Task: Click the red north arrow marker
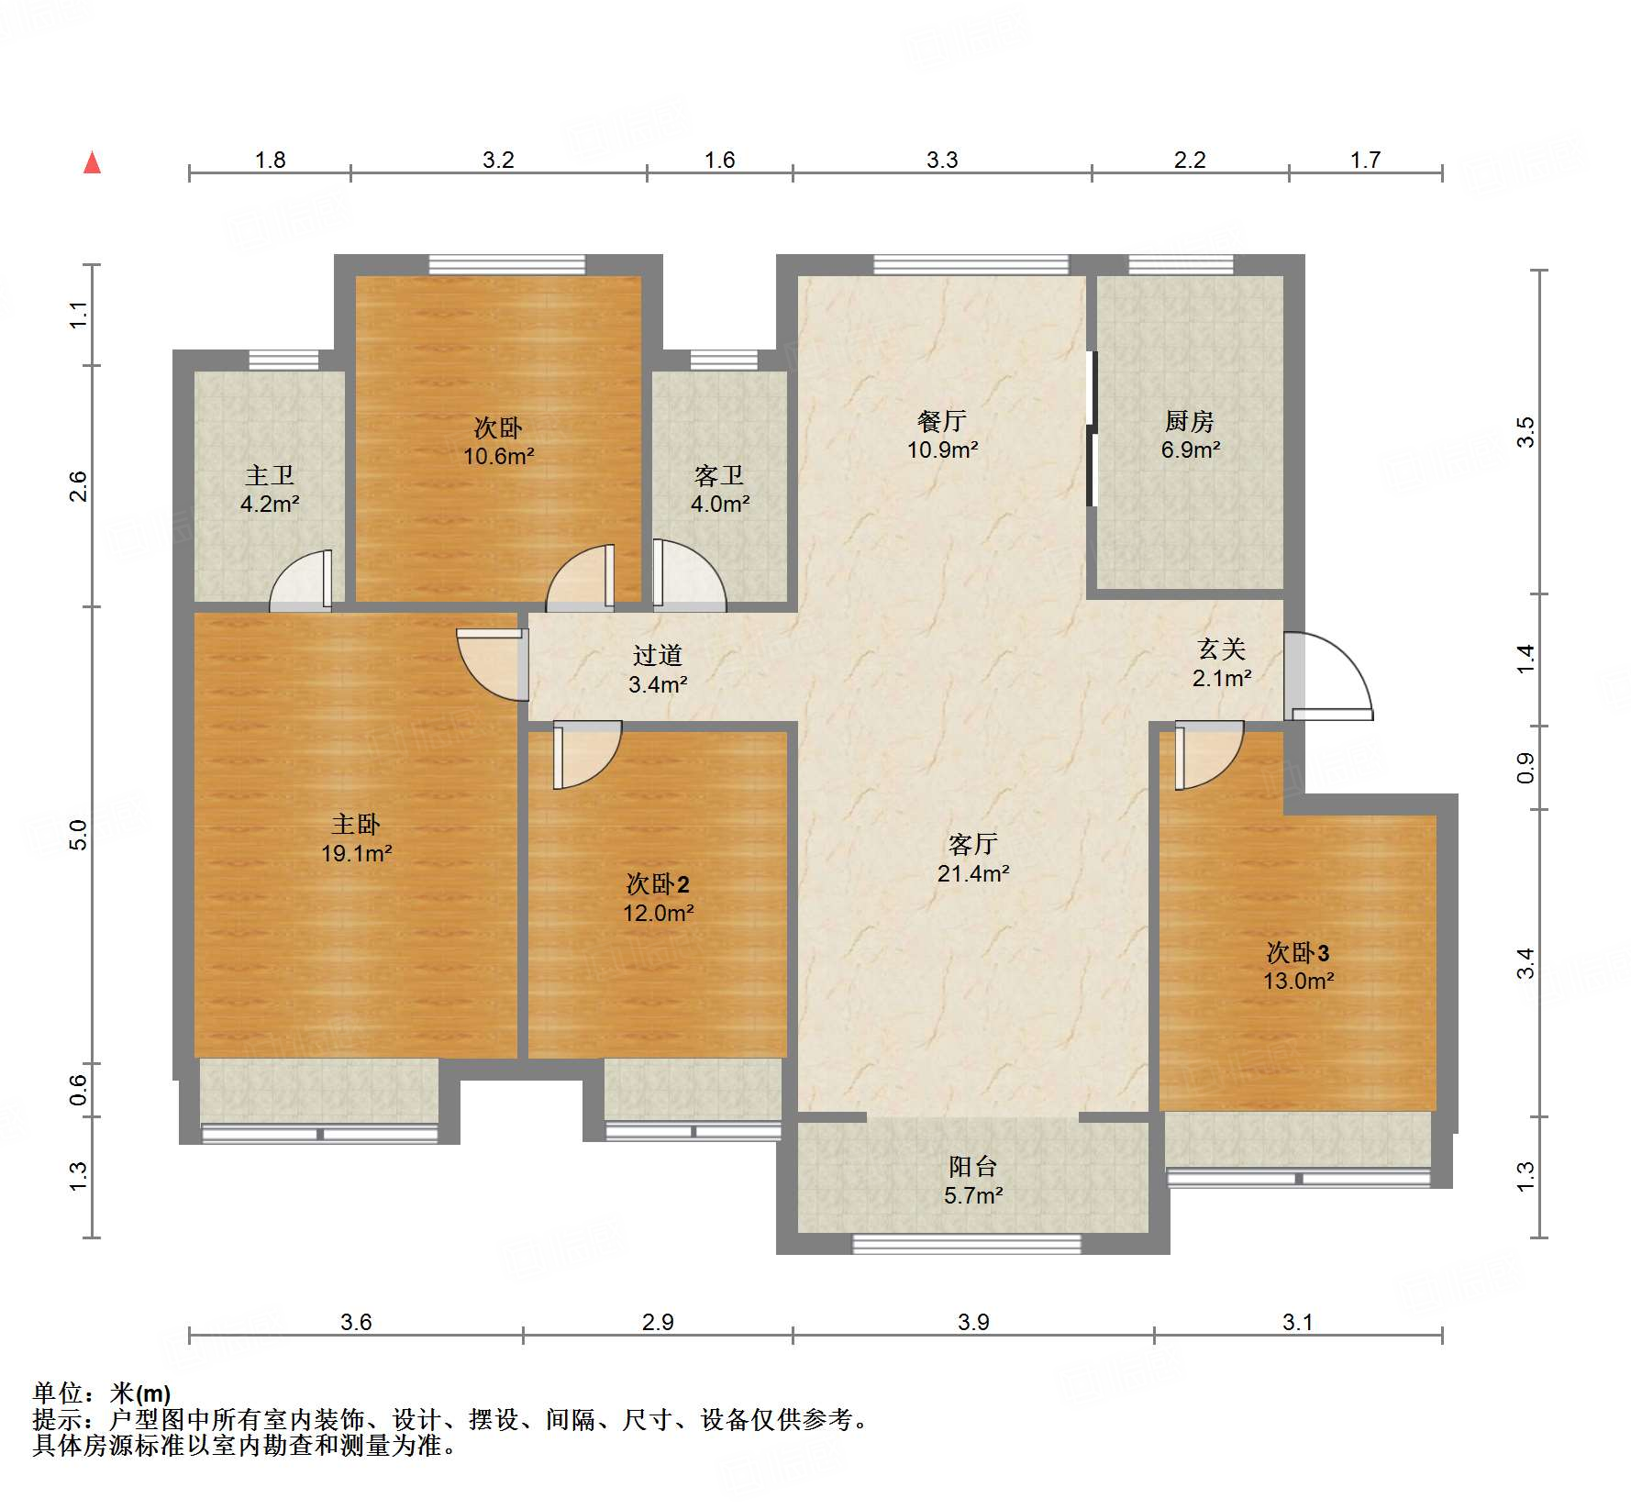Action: tap(92, 162)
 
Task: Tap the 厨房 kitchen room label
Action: tap(1190, 421)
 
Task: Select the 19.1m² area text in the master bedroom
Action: tap(357, 854)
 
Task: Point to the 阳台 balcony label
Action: tap(973, 1167)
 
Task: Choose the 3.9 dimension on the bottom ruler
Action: tap(973, 1322)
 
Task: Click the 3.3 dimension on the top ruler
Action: tap(942, 161)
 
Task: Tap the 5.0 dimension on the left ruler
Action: tap(79, 835)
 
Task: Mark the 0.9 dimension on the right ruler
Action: tap(1525, 768)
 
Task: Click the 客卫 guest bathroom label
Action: tap(719, 475)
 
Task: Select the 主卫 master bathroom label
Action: tap(270, 475)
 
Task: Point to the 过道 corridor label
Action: tap(658, 655)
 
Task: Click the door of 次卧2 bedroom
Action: tap(588, 755)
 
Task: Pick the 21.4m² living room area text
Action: tap(973, 873)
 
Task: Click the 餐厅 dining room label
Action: tap(942, 421)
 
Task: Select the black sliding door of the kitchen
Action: tap(1092, 427)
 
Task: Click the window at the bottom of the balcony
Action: tap(968, 1244)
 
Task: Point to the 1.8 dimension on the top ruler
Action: tap(271, 161)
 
